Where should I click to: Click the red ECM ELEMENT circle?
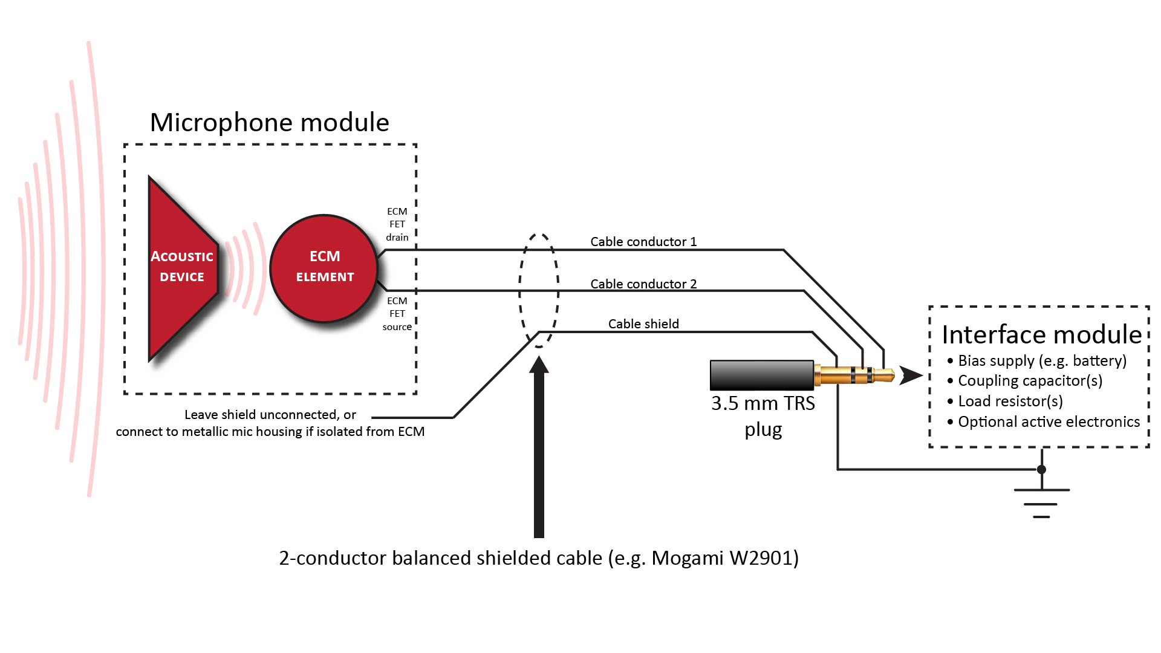[x=324, y=268]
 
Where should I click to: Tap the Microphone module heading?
[x=269, y=123]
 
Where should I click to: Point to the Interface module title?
[x=1041, y=334]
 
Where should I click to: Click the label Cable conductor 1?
[x=643, y=242]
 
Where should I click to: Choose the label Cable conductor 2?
[x=643, y=284]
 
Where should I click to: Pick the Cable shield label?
[x=643, y=324]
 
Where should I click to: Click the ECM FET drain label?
[x=397, y=224]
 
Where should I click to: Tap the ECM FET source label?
[x=397, y=314]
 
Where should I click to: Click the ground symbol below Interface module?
[x=1041, y=502]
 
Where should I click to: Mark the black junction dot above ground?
[x=1041, y=470]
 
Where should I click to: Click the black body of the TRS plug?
[x=761, y=375]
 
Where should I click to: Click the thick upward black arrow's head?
[x=539, y=365]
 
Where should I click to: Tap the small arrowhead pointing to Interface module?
[x=910, y=375]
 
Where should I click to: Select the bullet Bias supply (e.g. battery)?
[x=1041, y=361]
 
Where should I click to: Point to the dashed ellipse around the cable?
[x=520, y=290]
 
